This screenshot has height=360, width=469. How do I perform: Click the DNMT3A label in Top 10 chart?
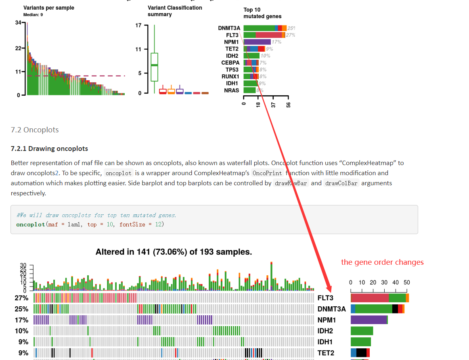(x=229, y=28)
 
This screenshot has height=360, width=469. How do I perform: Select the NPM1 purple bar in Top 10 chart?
(x=257, y=42)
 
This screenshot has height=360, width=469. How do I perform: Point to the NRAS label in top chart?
(x=232, y=90)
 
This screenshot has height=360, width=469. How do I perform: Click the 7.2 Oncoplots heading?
(x=35, y=130)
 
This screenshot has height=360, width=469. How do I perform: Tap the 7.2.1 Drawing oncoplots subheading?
(x=49, y=149)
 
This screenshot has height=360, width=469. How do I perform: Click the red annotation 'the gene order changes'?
(x=382, y=262)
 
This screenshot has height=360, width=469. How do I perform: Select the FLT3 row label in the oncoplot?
(x=325, y=298)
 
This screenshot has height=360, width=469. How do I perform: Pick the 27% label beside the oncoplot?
(x=21, y=298)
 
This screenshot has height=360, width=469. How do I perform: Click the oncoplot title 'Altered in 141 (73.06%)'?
(x=174, y=252)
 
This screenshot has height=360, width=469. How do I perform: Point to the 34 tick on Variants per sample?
(x=18, y=23)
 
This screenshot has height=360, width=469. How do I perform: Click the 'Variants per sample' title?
(x=49, y=8)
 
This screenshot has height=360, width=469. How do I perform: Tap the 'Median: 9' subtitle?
(x=33, y=15)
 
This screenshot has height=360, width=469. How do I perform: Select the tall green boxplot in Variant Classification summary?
(x=154, y=67)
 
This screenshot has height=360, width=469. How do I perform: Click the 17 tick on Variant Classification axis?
(x=138, y=25)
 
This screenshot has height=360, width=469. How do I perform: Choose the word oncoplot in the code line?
(x=31, y=224)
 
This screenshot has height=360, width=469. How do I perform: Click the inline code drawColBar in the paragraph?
(x=341, y=183)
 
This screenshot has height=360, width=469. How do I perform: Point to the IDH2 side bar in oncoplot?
(x=362, y=331)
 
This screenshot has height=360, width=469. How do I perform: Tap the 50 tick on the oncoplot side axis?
(x=407, y=283)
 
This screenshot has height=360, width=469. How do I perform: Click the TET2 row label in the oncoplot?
(x=326, y=353)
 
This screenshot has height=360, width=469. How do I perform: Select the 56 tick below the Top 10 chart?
(x=288, y=105)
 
